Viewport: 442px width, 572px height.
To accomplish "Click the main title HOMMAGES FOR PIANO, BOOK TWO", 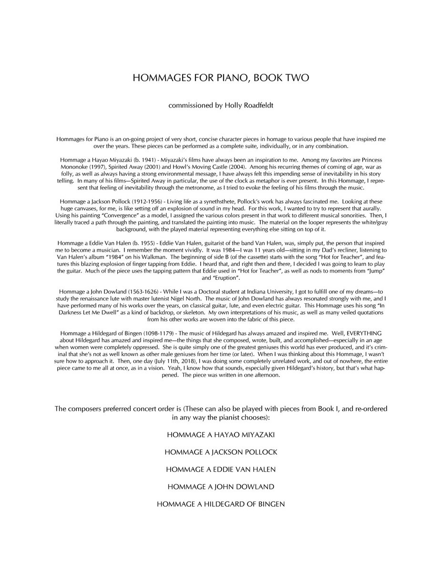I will (221, 78).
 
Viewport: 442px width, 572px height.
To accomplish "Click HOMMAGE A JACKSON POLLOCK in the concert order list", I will (221, 452).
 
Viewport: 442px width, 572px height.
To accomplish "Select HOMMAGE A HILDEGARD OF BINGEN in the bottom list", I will (221, 504).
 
